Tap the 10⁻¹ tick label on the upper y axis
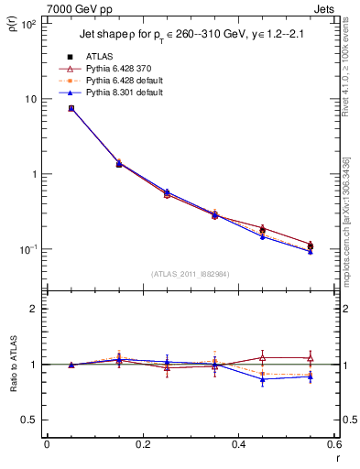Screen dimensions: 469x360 [27, 249]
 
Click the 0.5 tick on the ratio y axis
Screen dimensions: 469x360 [29, 420]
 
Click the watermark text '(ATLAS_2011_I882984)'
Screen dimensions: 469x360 [190, 273]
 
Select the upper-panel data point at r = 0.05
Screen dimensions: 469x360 [71, 108]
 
